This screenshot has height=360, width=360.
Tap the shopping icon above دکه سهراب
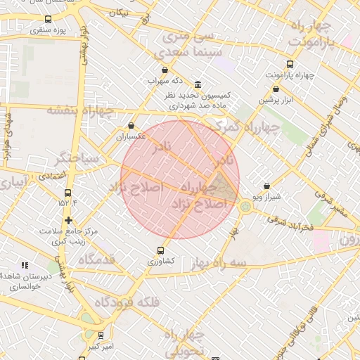pyautogui.click(x=165, y=70)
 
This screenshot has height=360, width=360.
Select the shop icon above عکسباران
pyautogui.click(x=131, y=126)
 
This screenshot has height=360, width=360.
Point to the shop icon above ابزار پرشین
pyautogui.click(x=275, y=89)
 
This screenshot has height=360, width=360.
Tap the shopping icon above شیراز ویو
pyautogui.click(x=266, y=186)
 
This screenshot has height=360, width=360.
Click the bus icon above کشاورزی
pyautogui.click(x=161, y=250)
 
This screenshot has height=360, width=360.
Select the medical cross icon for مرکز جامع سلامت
pyautogui.click(x=68, y=220)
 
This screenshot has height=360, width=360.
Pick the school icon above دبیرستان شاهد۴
pyautogui.click(x=25, y=265)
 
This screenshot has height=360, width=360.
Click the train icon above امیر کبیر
pyautogui.click(x=100, y=335)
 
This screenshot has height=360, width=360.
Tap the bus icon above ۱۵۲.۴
pyautogui.click(x=67, y=193)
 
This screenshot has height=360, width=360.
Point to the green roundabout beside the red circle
pyautogui.click(x=245, y=207)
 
